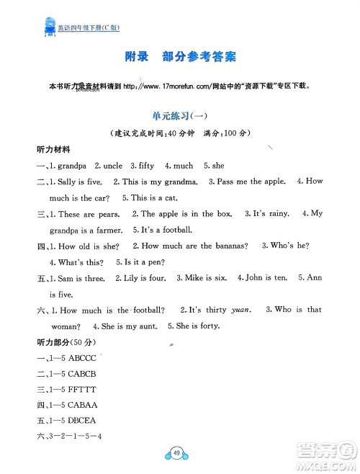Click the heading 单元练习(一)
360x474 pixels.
coord(179,115)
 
